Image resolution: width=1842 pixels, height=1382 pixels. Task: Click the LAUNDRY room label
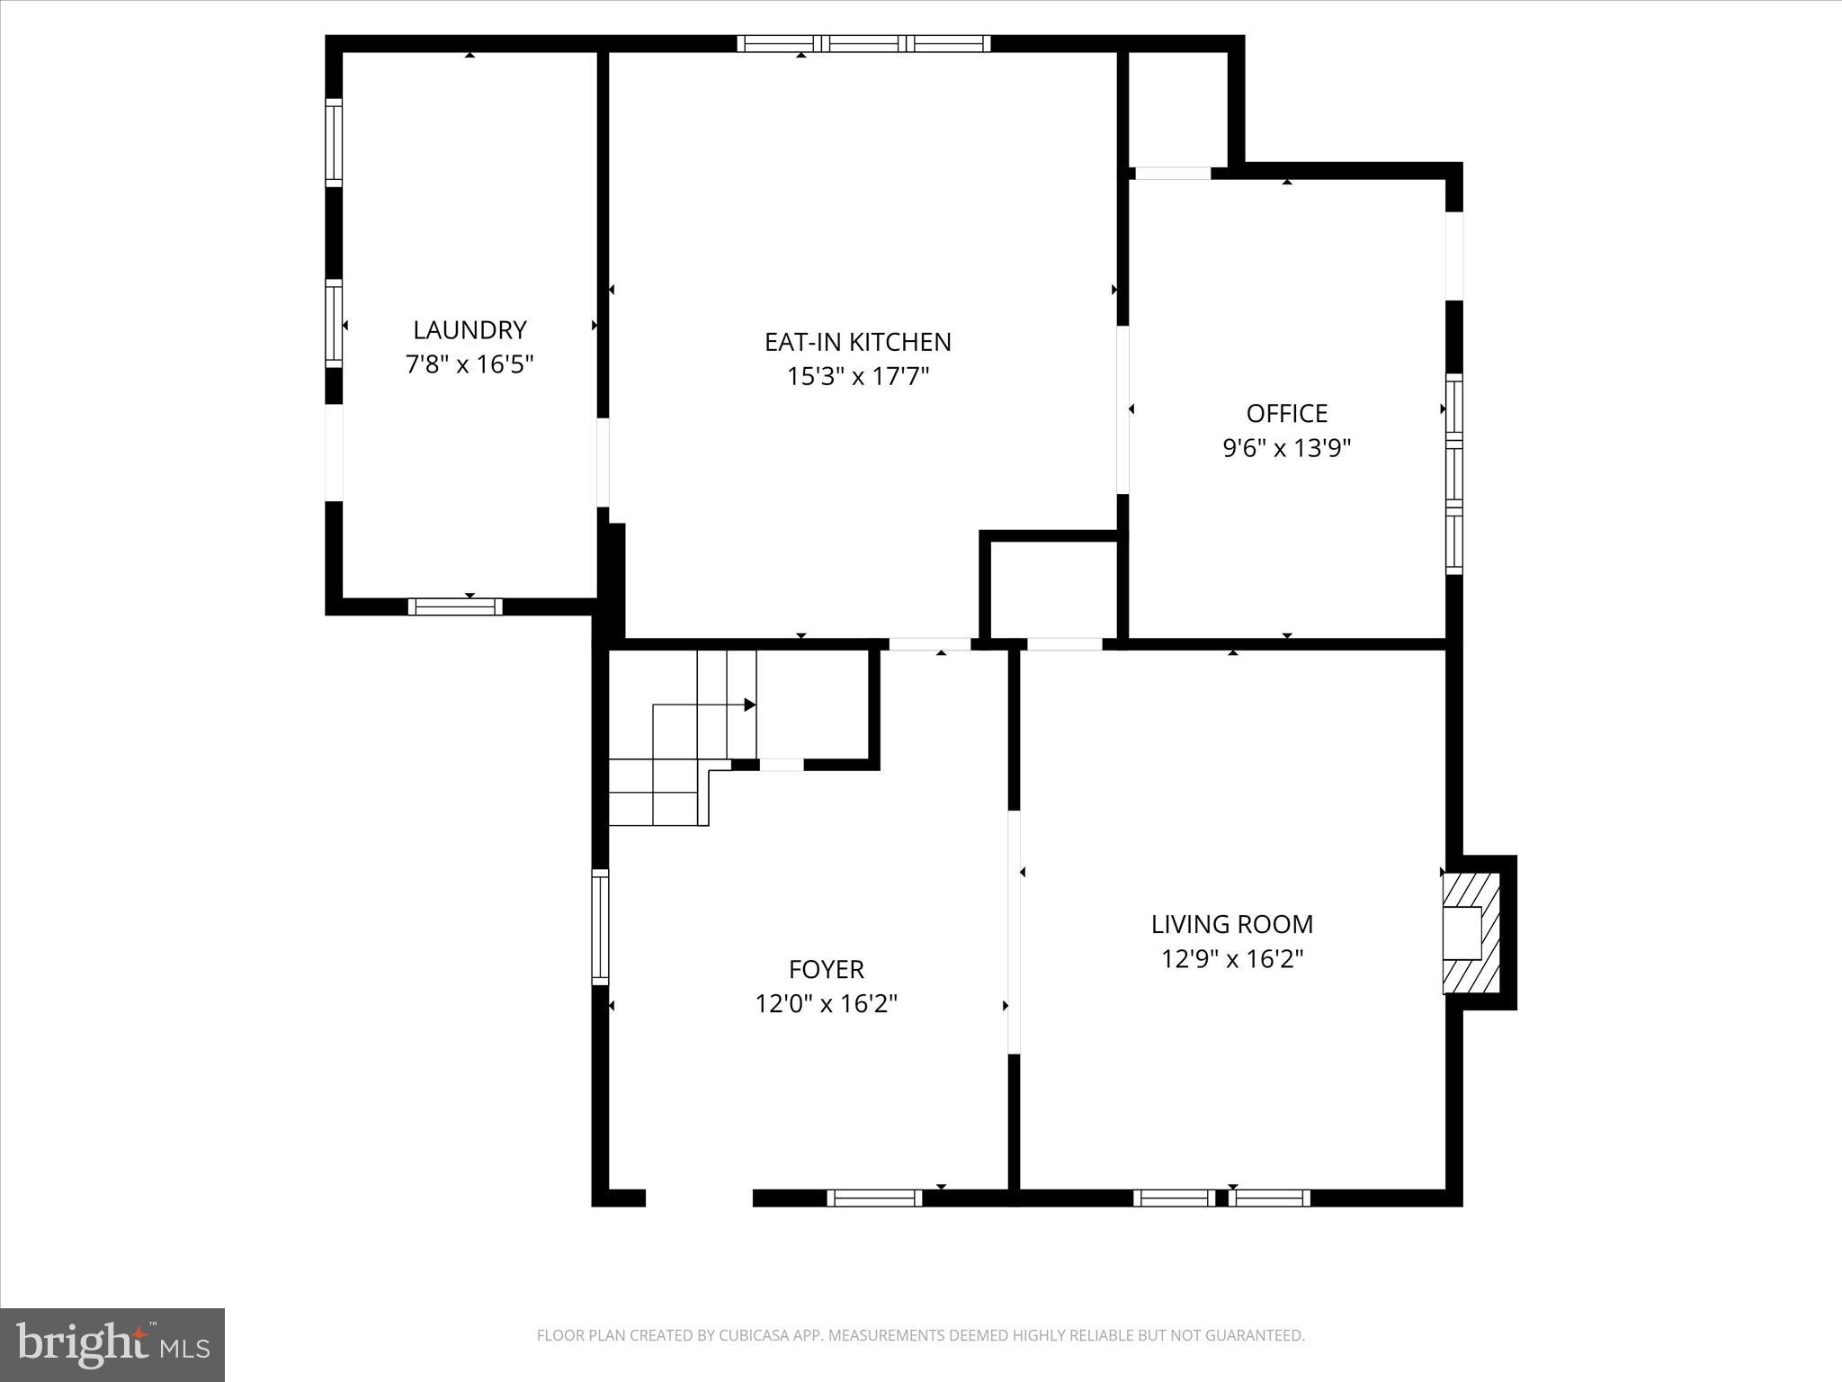469,329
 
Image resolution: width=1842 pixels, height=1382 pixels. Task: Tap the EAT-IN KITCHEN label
857,342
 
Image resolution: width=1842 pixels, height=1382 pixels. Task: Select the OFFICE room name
1286,413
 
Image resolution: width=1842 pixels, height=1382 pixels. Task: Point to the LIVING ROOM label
1231,924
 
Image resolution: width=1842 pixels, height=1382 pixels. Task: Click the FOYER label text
826,969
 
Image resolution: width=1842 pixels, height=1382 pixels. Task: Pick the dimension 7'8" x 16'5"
469,364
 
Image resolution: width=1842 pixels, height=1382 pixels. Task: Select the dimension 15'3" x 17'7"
857,376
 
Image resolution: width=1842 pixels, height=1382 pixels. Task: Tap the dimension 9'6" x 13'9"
1286,447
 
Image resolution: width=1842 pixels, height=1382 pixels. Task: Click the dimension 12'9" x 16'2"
1231,959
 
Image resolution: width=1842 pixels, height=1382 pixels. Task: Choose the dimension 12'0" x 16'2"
826,1003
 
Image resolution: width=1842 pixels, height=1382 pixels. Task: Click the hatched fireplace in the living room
1471,933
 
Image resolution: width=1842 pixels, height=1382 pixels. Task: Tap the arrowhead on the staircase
749,704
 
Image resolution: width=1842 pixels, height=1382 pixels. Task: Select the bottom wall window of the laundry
455,606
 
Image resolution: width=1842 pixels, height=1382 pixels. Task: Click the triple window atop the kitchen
863,43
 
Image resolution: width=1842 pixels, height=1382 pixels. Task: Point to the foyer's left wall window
600,927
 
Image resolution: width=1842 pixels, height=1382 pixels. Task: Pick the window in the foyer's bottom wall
874,1198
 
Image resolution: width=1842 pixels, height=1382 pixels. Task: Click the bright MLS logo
112,1344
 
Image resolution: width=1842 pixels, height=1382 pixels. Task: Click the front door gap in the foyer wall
699,1198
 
